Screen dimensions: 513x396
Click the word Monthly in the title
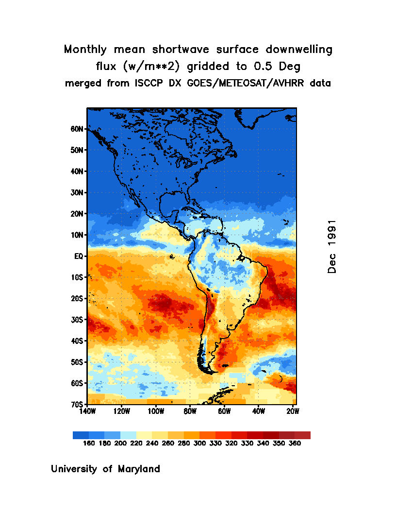click(85, 50)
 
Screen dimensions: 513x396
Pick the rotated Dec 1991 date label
click(332, 247)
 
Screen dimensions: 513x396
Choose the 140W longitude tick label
click(87, 411)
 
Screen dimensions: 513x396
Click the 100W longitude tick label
click(156, 411)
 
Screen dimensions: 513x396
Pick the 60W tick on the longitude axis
click(224, 411)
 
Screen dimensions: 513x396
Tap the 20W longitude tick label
click(293, 411)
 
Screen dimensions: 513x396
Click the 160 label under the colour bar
click(89, 444)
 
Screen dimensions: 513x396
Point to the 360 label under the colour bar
click(295, 444)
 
